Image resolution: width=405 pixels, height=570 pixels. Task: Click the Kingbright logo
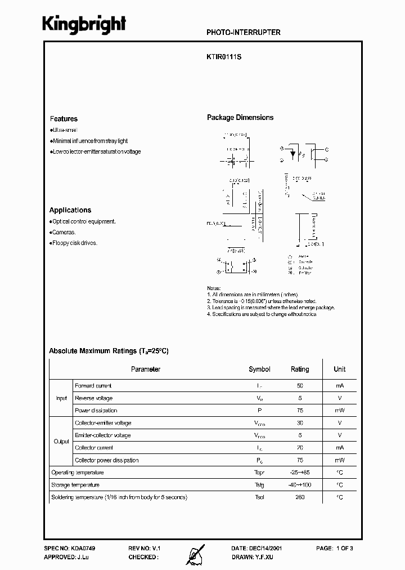click(x=84, y=25)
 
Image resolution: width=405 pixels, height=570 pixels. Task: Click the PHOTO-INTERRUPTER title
click(x=244, y=33)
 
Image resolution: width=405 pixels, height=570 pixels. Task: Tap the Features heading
click(x=64, y=119)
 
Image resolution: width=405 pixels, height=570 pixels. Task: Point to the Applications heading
click(x=70, y=210)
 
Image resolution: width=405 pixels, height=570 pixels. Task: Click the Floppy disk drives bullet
click(x=74, y=243)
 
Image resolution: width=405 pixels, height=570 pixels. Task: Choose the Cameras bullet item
click(x=64, y=232)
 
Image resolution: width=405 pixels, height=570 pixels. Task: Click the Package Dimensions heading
click(x=240, y=118)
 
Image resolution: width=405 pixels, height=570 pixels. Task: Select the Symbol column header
click(x=259, y=369)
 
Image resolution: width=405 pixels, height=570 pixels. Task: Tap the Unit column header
click(x=339, y=369)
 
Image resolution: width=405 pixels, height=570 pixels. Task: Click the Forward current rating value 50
click(x=299, y=386)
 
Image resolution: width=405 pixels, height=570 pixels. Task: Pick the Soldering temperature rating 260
click(x=299, y=497)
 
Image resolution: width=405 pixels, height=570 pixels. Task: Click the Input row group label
click(x=61, y=398)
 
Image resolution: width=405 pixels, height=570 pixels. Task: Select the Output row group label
click(x=61, y=442)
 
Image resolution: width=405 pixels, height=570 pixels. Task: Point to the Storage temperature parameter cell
click(x=75, y=485)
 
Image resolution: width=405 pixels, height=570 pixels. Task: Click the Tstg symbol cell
click(x=259, y=485)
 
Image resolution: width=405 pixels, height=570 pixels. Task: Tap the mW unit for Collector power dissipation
click(x=339, y=460)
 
